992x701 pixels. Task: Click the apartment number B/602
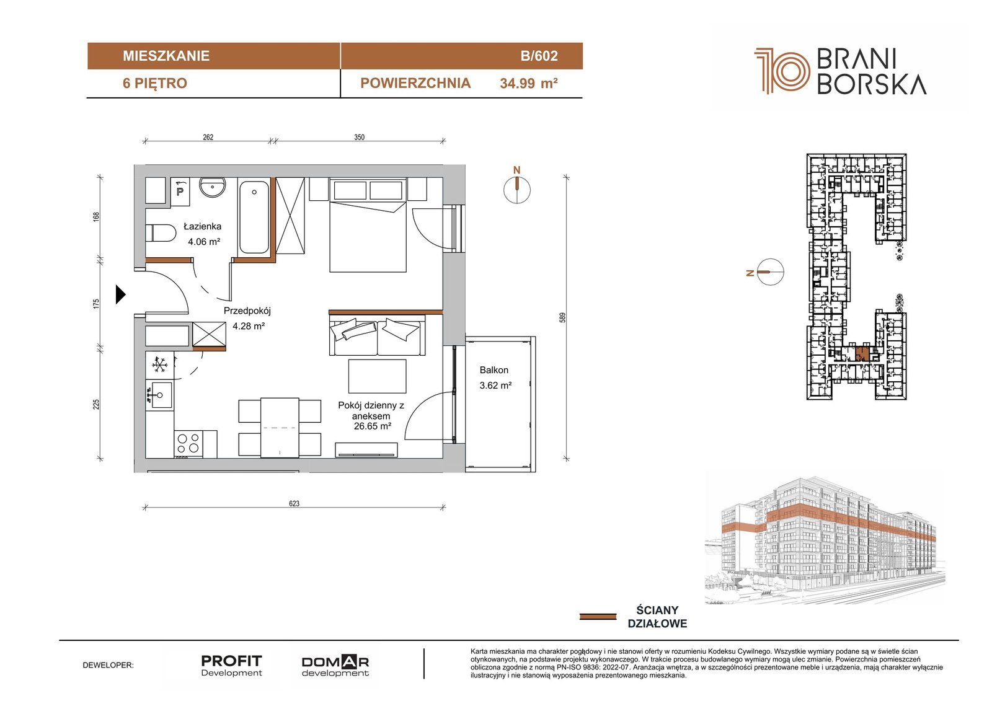point(539,56)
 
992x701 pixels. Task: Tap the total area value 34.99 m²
point(528,83)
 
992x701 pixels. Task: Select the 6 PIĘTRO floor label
point(155,83)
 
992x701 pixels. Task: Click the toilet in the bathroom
point(161,233)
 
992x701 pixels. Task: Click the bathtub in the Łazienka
point(254,217)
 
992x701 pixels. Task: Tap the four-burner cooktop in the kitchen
point(188,444)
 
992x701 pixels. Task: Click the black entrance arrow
point(120,294)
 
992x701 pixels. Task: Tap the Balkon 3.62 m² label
point(495,377)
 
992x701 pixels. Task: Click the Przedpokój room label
point(247,311)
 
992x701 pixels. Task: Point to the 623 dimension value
point(294,503)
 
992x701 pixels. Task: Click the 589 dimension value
point(562,317)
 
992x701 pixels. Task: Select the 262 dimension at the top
point(208,137)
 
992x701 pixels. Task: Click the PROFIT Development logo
point(232,666)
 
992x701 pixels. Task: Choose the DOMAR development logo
point(335,666)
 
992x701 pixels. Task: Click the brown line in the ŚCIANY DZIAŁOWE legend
point(598,617)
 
